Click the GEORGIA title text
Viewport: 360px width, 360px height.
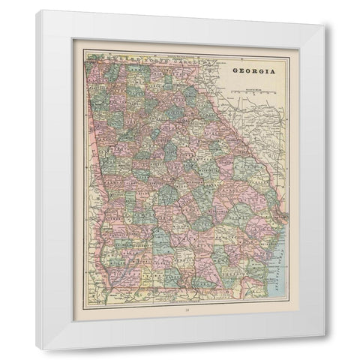(252, 73)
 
